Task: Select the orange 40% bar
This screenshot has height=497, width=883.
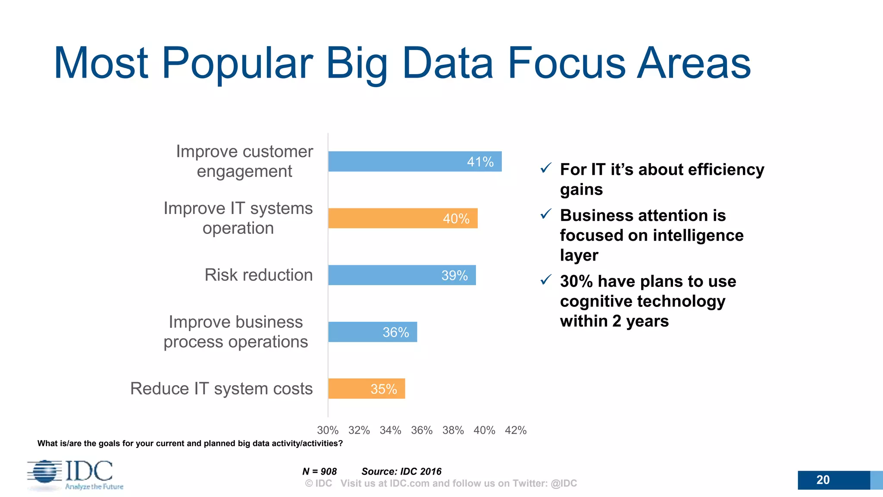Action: pyautogui.click(x=402, y=218)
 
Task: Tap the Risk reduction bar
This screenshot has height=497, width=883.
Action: pyautogui.click(x=401, y=275)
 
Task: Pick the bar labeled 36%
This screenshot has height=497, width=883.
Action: pyautogui.click(x=372, y=332)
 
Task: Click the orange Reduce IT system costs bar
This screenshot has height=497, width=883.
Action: pyautogui.click(x=366, y=389)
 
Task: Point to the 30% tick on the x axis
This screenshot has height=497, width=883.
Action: pyautogui.click(x=328, y=430)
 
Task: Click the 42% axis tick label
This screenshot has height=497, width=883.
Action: pyautogui.click(x=516, y=430)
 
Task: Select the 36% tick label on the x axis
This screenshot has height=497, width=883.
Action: pyautogui.click(x=422, y=430)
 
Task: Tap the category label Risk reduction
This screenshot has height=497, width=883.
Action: pyautogui.click(x=258, y=275)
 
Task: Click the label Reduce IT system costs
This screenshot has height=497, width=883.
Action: pyautogui.click(x=221, y=388)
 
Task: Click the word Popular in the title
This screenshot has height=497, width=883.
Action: pyautogui.click(x=237, y=63)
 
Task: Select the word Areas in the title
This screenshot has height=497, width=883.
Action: pyautogui.click(x=694, y=63)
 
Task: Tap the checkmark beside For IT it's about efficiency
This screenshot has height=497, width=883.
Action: pyautogui.click(x=546, y=168)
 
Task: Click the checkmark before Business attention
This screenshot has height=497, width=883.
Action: pyautogui.click(x=546, y=214)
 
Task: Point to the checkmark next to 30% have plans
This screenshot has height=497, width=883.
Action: pyautogui.click(x=546, y=280)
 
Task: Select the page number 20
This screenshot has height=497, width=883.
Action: pyautogui.click(x=823, y=480)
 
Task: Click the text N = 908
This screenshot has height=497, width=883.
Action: pyautogui.click(x=319, y=471)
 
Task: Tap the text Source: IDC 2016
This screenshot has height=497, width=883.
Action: pyautogui.click(x=401, y=471)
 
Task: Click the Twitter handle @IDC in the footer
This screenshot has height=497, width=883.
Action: pyautogui.click(x=564, y=483)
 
